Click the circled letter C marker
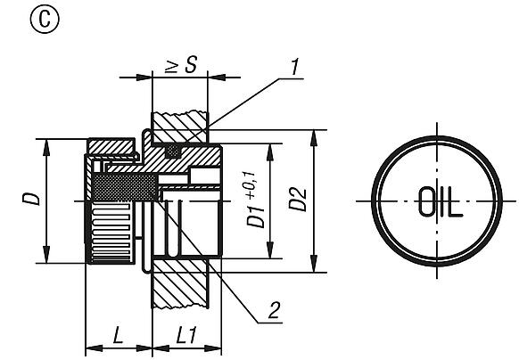coord(45,20)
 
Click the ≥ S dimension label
coord(181,64)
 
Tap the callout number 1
coord(294,67)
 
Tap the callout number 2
coord(275,310)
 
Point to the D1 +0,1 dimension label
coord(256,200)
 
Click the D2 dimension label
coord(298,199)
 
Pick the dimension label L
coord(118,334)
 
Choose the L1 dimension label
coord(186,334)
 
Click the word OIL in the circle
coord(441,201)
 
